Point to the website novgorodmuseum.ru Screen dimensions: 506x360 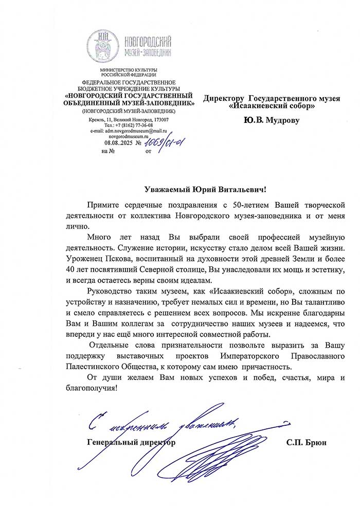point(129,137)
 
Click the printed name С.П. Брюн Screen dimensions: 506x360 point(307,442)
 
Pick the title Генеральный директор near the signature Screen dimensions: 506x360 point(131,442)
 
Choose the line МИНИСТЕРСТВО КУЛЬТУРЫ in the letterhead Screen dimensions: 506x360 point(129,70)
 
